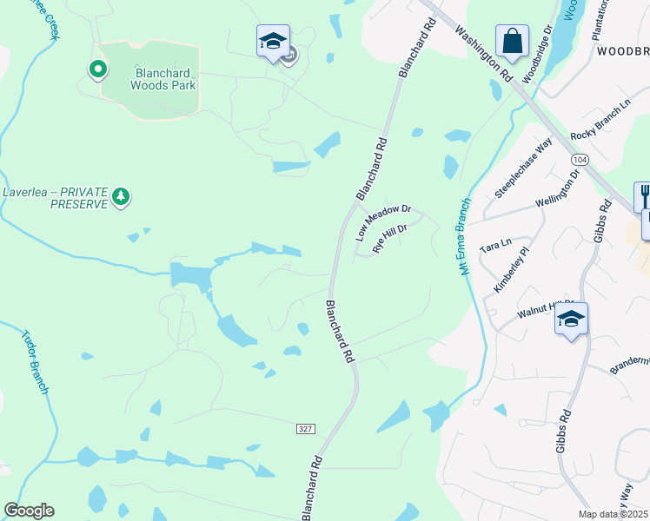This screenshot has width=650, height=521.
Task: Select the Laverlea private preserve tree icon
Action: pyautogui.click(x=122, y=197)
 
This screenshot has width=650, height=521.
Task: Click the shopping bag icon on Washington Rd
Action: pyautogui.click(x=513, y=40)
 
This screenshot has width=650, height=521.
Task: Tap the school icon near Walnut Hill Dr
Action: pyautogui.click(x=571, y=319)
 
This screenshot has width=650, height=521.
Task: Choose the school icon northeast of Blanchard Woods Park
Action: pyautogui.click(x=273, y=41)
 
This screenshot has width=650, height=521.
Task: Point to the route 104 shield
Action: pyautogui.click(x=580, y=161)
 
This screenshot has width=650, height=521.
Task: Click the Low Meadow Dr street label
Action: pyautogui.click(x=383, y=222)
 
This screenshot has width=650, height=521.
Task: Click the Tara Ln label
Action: pyautogui.click(x=494, y=247)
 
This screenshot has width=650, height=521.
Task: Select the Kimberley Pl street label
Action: pyautogui.click(x=512, y=269)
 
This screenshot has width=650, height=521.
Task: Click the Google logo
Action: pyautogui.click(x=29, y=511)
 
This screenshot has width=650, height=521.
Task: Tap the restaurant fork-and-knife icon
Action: pyautogui.click(x=644, y=195)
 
